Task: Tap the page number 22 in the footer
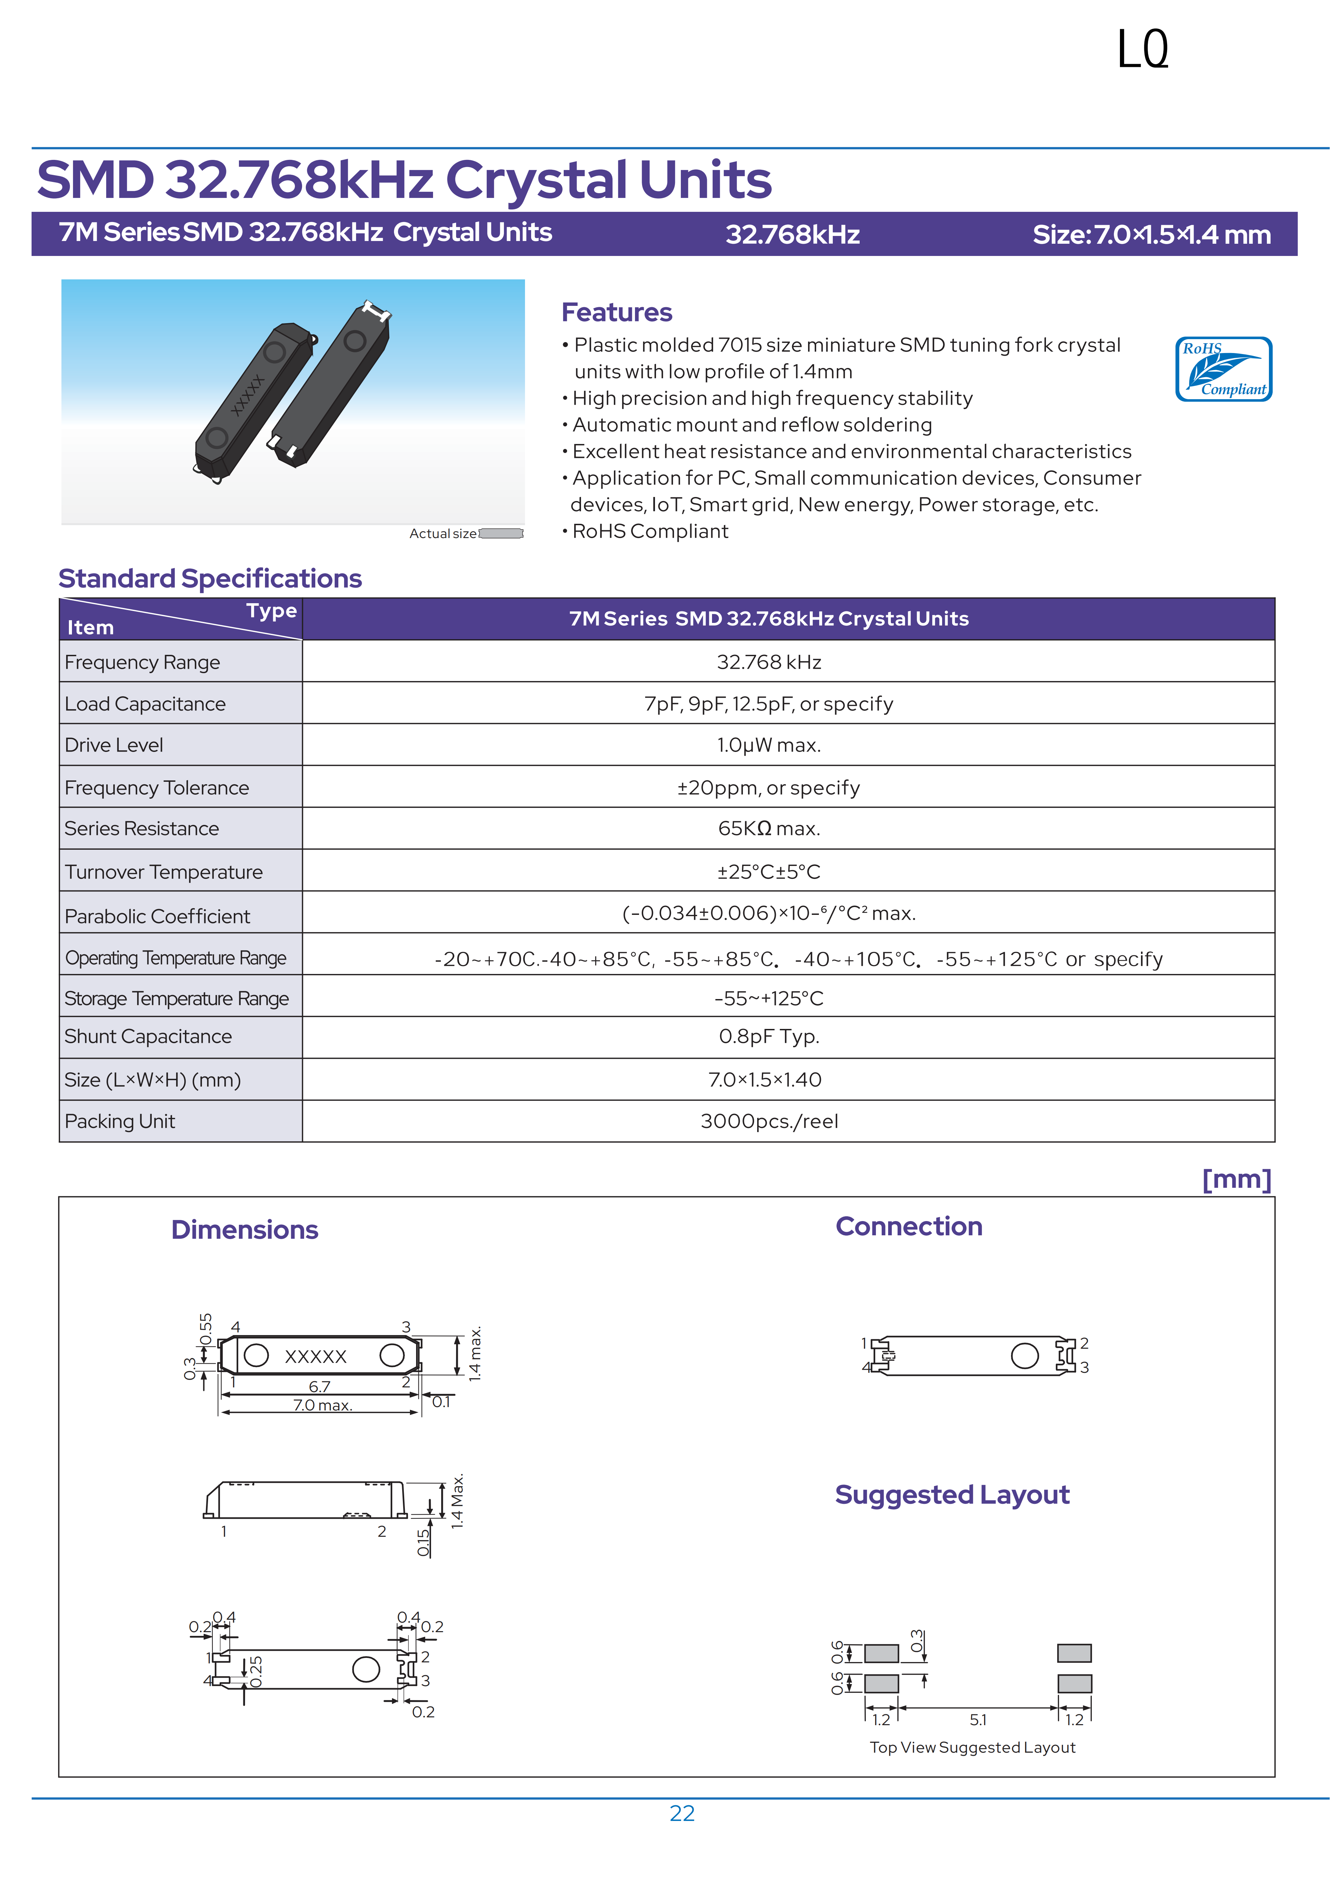coord(682,1813)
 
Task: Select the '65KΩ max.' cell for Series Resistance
coord(769,829)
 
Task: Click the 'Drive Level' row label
coord(114,745)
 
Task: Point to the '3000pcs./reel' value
coord(769,1121)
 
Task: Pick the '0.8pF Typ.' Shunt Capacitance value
coord(769,1037)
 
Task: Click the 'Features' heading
coord(616,312)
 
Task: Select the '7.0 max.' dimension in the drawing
coord(322,1405)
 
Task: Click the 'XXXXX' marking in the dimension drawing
coord(316,1357)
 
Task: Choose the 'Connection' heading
coord(908,1226)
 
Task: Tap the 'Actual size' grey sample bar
coord(501,534)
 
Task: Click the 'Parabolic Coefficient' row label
coord(157,917)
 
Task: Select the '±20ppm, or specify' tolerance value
coord(769,788)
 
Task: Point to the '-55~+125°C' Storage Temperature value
coord(769,998)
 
